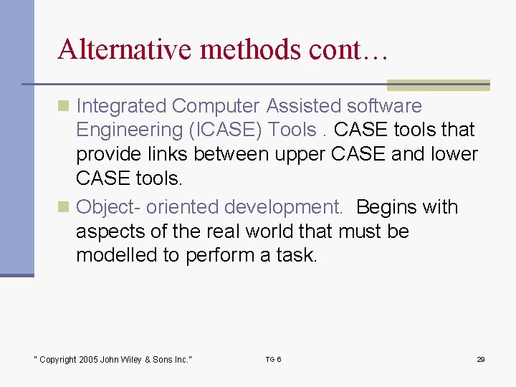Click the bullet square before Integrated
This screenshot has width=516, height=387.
click(64, 106)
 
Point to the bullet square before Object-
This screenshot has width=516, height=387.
click(64, 207)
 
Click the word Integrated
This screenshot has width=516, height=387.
click(121, 106)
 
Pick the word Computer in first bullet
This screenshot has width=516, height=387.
click(216, 106)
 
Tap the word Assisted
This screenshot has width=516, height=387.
click(304, 106)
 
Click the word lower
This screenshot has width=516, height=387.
click(450, 155)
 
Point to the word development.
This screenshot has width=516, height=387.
click(284, 207)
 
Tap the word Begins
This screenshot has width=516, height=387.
click(391, 207)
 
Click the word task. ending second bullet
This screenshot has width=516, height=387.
click(296, 255)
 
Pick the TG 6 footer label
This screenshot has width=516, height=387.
click(273, 359)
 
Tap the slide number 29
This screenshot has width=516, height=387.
click(481, 359)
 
